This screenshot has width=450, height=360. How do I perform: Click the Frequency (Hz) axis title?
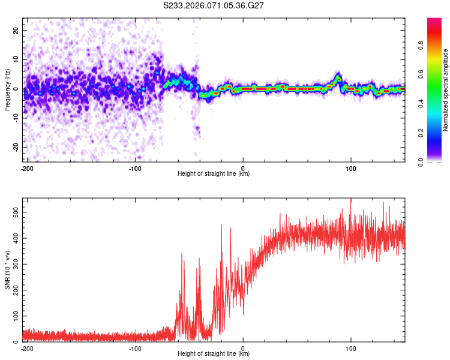7,89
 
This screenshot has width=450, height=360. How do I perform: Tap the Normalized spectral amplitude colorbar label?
446,89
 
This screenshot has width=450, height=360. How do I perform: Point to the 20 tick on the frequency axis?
17,31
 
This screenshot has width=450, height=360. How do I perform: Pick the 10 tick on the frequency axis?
17,60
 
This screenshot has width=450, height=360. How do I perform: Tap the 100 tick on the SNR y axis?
14,316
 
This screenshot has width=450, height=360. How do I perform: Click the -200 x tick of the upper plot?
26,168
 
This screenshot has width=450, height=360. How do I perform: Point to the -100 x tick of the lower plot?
135,348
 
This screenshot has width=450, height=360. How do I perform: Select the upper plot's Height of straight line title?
214,174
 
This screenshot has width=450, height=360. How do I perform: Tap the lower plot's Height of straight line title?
214,354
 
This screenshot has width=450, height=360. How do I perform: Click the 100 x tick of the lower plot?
351,348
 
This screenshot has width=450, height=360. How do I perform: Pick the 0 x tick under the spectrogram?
243,168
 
